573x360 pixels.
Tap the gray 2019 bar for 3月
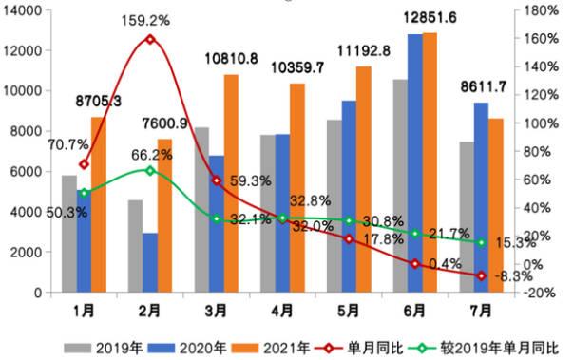point(201,209)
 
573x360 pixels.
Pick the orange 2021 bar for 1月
point(99,204)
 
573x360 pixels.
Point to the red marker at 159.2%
point(150,39)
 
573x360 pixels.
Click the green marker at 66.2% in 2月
point(150,170)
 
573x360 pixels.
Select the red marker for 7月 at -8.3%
point(482,275)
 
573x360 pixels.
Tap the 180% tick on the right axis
point(539,10)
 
